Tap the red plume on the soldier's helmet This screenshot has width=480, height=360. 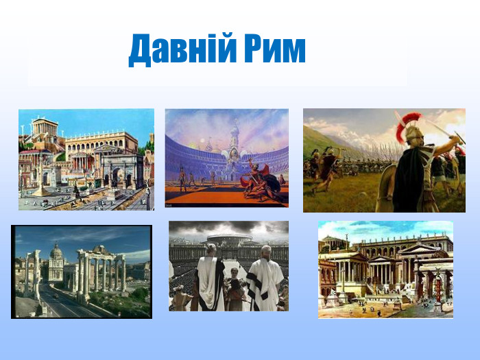(412, 121)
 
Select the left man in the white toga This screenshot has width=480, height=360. (210, 281)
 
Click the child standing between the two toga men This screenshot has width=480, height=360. (236, 291)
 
